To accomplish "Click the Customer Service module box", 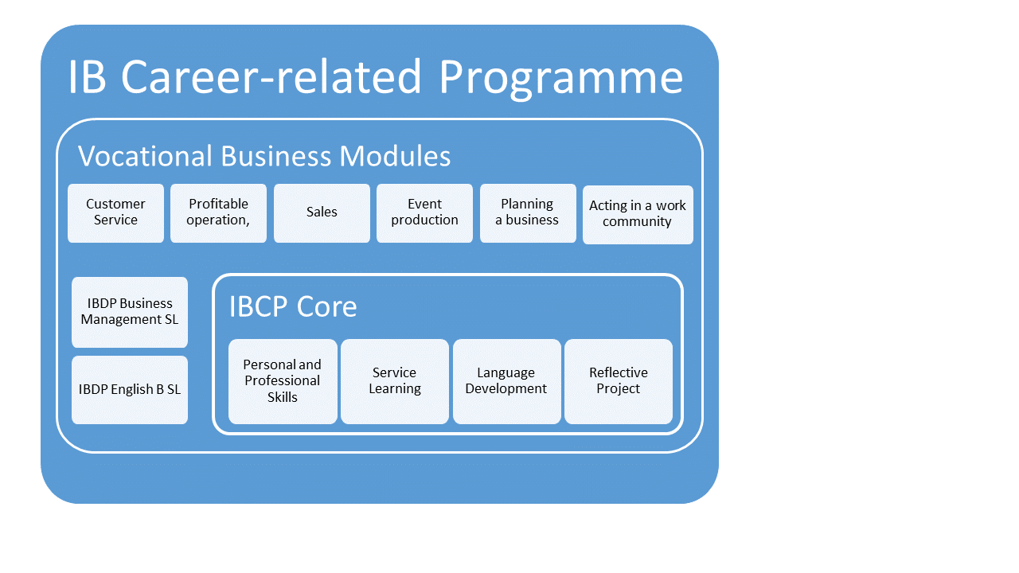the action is [115, 212].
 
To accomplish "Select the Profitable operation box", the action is [218, 212].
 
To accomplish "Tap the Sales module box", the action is [322, 212].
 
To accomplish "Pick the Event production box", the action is [424, 212].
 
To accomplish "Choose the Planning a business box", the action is [528, 212].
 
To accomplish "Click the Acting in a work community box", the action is [638, 215].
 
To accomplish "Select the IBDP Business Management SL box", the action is [130, 312].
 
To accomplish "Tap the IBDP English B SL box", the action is [130, 390].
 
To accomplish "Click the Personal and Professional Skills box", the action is [283, 381].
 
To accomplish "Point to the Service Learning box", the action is [394, 381].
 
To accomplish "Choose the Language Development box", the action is [507, 381].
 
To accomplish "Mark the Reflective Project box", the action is [619, 381].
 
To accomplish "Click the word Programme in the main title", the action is [560, 78].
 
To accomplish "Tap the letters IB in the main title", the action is [88, 76].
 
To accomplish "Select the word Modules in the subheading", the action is [395, 156].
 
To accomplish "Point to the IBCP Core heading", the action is [293, 306].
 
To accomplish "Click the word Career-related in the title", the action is [271, 76].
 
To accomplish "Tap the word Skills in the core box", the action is [283, 397].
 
